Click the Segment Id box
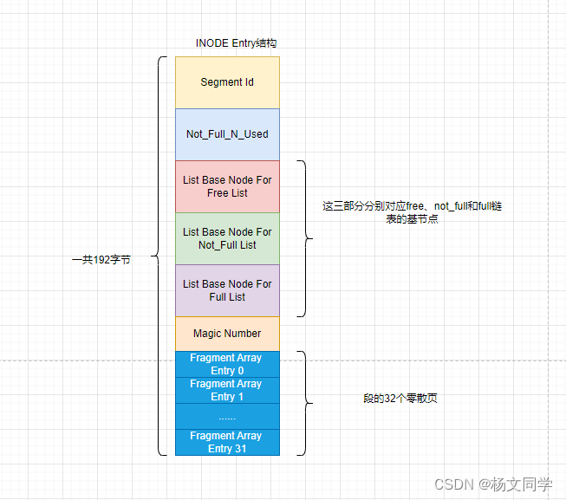[227, 82]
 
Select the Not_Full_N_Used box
[227, 134]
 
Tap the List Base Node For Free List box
[227, 186]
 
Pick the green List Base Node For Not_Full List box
[227, 238]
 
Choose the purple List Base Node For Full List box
[227, 290]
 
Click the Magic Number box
[227, 334]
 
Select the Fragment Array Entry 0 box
[227, 364]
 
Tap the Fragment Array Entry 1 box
[227, 390]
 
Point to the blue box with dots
[227, 416]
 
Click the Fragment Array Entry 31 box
[227, 442]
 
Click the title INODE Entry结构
[237, 42]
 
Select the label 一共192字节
[101, 259]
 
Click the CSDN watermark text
[492, 484]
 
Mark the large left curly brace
[159, 256]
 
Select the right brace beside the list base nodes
[303, 238]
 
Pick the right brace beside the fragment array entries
[303, 402]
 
